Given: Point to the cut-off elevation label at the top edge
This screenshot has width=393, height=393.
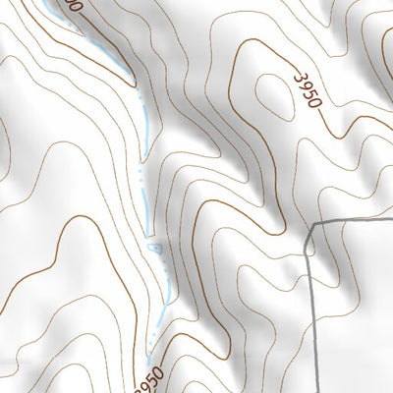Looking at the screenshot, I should tap(66, 5).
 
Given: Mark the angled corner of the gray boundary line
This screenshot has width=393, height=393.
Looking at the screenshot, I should tap(312, 225).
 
